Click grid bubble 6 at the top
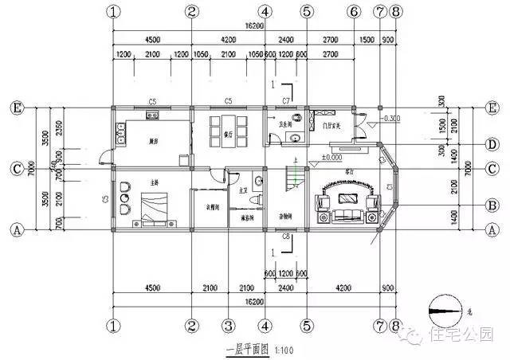point(353,11)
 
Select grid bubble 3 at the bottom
point(228,325)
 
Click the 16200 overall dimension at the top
point(253,27)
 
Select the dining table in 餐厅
point(223,127)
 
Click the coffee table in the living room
point(348,199)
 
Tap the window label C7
point(285,100)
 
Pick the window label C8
point(285,237)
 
